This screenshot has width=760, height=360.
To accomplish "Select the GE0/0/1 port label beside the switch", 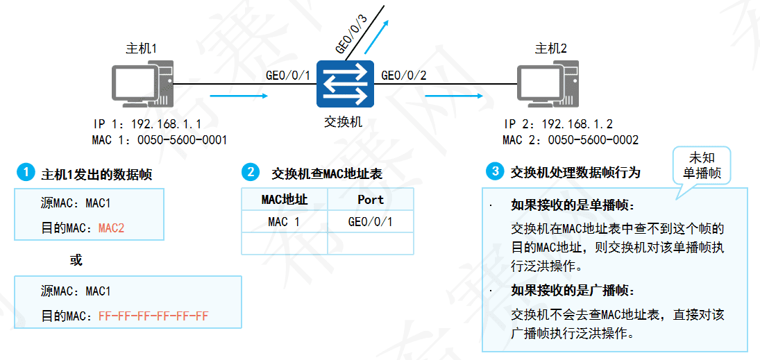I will click(x=287, y=75).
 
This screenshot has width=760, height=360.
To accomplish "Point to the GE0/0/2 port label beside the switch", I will click(x=404, y=75).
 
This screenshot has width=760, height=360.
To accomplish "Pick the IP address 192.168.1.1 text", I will click(x=167, y=125).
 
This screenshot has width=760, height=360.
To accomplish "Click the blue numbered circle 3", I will click(x=494, y=171).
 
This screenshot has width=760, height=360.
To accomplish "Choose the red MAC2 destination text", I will click(x=111, y=228).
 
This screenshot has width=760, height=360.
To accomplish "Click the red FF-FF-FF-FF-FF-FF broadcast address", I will click(x=153, y=316).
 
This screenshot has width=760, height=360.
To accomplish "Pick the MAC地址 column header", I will click(x=284, y=200).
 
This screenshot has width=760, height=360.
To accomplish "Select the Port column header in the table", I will click(x=371, y=200).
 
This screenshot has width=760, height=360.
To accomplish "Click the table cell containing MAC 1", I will click(x=284, y=222).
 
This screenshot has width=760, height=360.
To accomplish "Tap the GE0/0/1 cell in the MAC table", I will click(x=371, y=222).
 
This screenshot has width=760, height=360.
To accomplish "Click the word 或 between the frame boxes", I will click(x=76, y=261).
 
